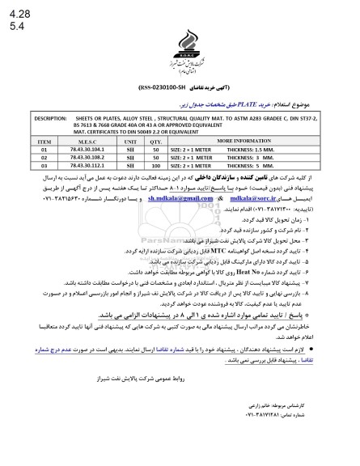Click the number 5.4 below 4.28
tap(15, 26)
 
